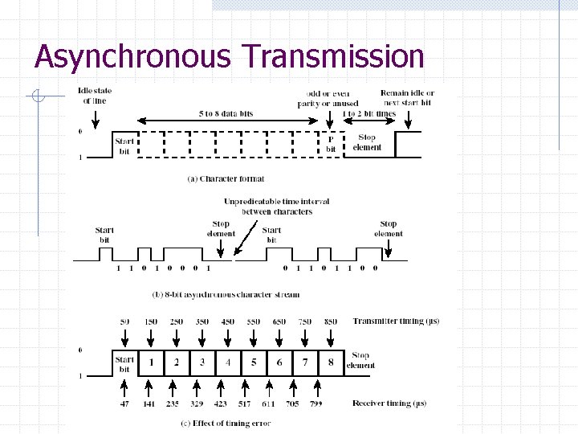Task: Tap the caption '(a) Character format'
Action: pos(225,178)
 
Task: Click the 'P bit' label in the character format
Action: pos(331,144)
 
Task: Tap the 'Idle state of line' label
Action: pos(95,96)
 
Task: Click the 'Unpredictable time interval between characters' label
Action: pos(276,207)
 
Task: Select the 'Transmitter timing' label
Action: pos(395,321)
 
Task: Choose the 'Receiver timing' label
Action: pos(389,403)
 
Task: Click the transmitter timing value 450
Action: pos(227,321)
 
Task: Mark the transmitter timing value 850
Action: pos(330,321)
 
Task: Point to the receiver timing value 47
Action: pos(124,403)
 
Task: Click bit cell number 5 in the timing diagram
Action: pos(253,362)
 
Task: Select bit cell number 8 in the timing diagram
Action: pos(330,362)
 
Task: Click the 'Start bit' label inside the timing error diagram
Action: pos(124,364)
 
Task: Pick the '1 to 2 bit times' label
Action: pos(368,114)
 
